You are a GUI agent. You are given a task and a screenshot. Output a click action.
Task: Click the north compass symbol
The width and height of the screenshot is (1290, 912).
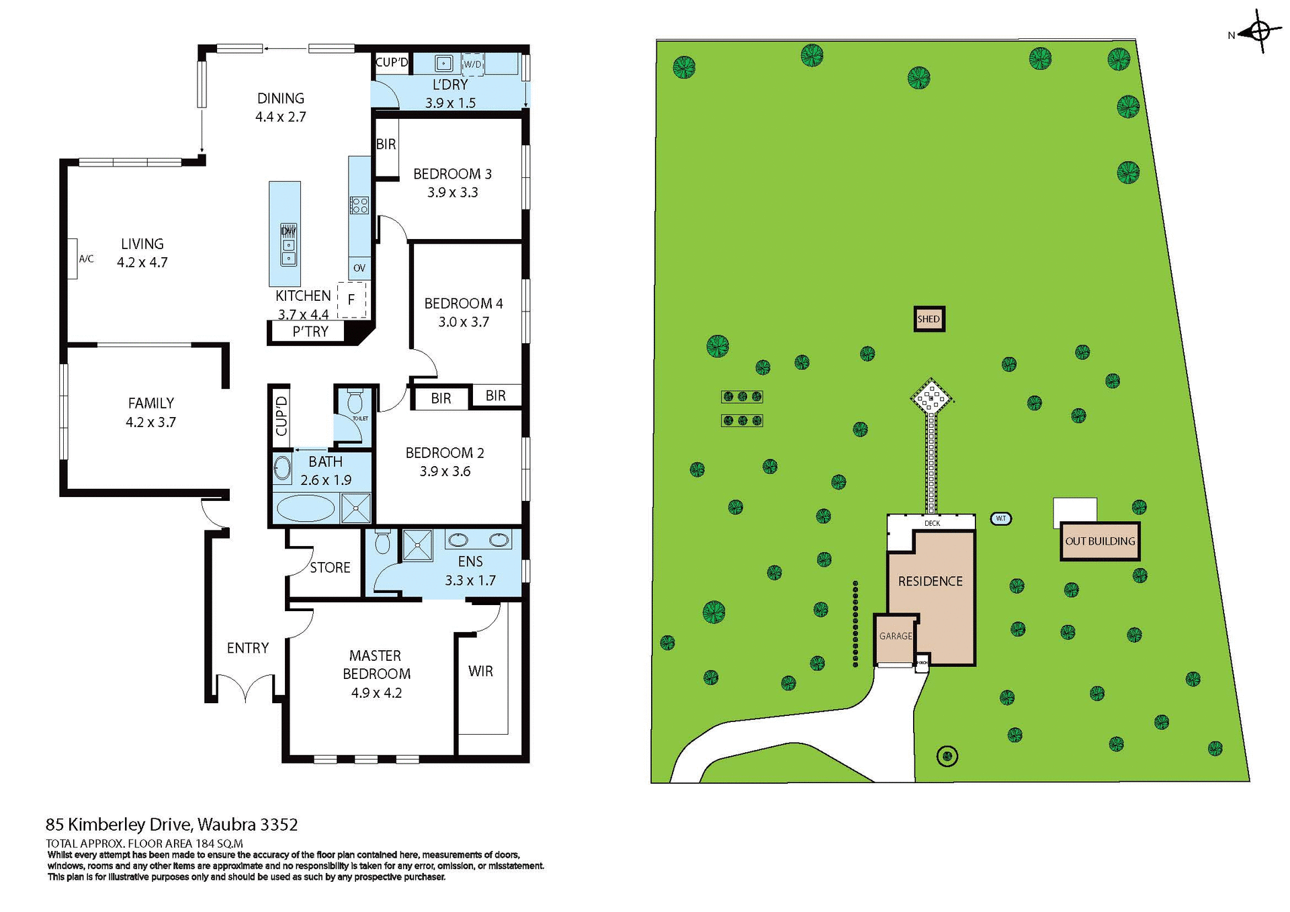[x=1260, y=32]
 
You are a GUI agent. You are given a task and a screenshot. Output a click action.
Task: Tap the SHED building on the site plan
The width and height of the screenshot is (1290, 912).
[x=929, y=319]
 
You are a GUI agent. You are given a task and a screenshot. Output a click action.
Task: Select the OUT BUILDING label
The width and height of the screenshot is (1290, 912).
[x=1100, y=541]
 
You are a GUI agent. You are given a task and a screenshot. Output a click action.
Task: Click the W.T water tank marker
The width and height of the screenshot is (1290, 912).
[x=1000, y=518]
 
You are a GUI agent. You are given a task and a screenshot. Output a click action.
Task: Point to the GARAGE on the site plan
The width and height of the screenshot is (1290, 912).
[x=896, y=636]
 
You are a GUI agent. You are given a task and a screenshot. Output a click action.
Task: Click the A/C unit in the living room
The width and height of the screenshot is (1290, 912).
[x=72, y=259]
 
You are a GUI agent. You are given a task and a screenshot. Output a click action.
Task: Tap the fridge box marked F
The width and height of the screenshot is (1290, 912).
[x=351, y=300]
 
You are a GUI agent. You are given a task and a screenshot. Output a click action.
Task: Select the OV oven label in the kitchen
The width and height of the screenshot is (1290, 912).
[x=359, y=268]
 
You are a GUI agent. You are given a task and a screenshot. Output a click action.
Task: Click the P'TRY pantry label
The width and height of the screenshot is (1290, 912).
[x=310, y=332]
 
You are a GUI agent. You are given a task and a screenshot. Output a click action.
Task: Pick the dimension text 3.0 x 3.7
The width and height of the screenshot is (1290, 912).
[x=464, y=322]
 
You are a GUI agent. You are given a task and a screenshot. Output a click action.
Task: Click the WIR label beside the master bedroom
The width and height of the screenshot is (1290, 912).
[x=480, y=671]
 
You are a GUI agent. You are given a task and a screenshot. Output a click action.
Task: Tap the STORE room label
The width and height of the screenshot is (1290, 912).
[x=330, y=567]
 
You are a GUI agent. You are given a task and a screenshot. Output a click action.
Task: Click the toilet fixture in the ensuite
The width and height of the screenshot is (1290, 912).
[x=382, y=541]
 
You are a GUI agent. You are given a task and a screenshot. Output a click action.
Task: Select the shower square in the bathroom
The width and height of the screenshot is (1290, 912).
[x=355, y=508]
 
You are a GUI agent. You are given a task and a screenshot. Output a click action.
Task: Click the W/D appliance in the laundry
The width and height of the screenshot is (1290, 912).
[x=472, y=64]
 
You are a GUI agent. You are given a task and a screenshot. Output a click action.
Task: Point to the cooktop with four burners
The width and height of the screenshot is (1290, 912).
[x=359, y=205]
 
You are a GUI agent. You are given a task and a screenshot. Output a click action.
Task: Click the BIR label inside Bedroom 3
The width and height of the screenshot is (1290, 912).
[x=386, y=144]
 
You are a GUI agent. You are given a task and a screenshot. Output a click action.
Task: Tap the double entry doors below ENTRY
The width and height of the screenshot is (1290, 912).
[x=245, y=688]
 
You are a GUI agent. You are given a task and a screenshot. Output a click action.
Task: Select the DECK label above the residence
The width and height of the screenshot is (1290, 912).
[x=932, y=523]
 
